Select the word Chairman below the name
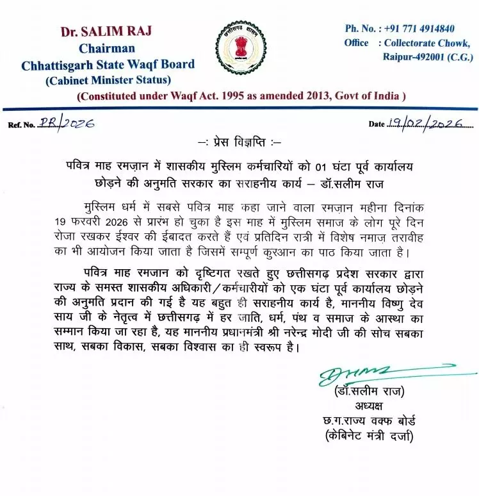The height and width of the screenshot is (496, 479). point(107,49)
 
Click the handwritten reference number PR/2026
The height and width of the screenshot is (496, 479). point(65,123)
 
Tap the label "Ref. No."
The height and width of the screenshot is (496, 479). point(21,125)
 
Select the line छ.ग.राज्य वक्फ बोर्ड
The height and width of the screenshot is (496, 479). point(369,421)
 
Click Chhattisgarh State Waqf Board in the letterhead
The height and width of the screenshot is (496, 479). point(108,65)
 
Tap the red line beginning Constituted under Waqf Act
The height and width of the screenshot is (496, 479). point(241,96)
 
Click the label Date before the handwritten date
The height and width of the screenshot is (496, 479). point(377,124)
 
